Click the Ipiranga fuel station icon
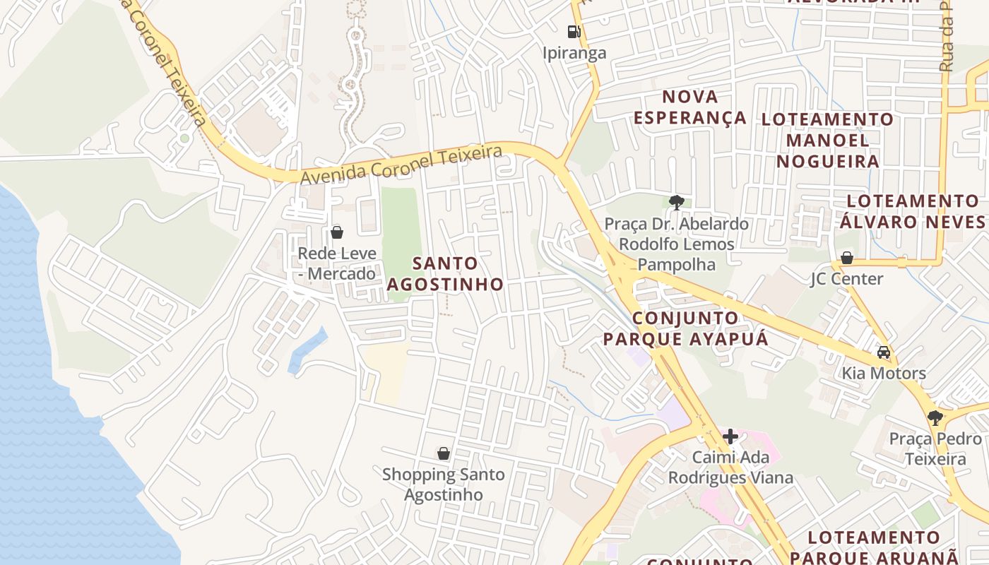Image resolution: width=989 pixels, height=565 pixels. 574,31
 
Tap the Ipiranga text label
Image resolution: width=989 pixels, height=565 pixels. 574,53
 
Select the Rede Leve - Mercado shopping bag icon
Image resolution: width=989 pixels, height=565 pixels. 337,232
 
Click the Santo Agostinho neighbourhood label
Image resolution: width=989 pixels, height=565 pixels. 445,273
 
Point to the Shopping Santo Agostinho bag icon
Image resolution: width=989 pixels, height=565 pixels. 444,453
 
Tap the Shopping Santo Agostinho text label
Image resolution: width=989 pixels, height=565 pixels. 444,484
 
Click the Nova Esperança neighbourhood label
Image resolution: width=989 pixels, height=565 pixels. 690,107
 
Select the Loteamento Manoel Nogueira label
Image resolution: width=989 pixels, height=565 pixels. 827,140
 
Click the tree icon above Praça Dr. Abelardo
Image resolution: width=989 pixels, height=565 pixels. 676,203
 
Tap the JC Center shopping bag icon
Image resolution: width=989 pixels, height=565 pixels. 846,257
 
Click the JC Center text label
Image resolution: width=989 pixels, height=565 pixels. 846,278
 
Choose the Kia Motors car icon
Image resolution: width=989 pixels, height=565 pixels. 883,352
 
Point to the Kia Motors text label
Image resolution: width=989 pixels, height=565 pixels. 883,373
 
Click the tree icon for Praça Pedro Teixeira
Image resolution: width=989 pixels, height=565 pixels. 935,417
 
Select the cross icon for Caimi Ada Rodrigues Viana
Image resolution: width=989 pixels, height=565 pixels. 730,436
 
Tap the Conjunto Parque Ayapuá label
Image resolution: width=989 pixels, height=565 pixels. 685,328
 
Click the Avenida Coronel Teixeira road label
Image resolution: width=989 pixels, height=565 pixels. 401,165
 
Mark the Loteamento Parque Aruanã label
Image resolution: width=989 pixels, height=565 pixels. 875,547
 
